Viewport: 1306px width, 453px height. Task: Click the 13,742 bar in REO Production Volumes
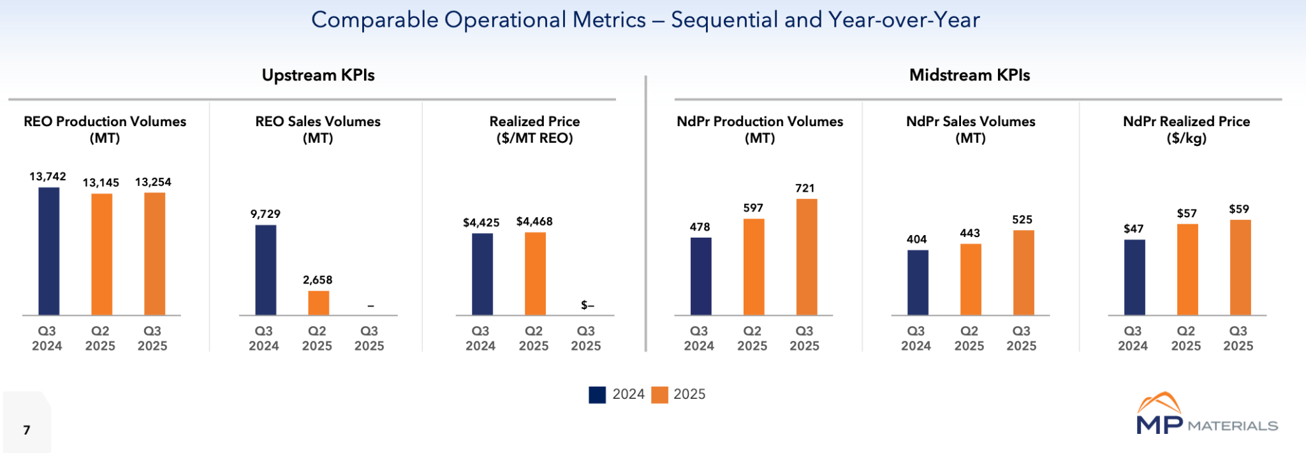(x=49, y=251)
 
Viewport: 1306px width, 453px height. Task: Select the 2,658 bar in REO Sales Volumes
(x=318, y=303)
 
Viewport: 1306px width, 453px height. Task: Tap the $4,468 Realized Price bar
(x=535, y=273)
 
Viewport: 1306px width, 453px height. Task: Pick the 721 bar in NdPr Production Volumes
(x=807, y=257)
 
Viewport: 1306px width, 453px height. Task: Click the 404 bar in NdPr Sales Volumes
(x=918, y=282)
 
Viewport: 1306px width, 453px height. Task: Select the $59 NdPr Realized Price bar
(x=1240, y=267)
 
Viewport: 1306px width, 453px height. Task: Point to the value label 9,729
(x=265, y=214)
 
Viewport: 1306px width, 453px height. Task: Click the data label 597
(x=753, y=208)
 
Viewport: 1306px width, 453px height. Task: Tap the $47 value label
(x=1133, y=229)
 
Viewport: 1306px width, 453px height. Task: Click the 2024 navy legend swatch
(x=597, y=395)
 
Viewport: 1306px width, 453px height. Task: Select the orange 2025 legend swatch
(x=659, y=395)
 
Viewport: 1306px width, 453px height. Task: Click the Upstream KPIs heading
(x=318, y=75)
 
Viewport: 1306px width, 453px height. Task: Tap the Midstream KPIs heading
(x=969, y=75)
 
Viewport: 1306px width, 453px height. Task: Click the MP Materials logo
(x=1207, y=415)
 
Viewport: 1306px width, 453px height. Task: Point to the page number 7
(x=27, y=430)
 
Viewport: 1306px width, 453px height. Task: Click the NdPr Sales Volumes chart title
(x=971, y=129)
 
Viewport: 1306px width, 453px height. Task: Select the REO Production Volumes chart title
(x=105, y=129)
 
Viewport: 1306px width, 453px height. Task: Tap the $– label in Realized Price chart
(x=587, y=306)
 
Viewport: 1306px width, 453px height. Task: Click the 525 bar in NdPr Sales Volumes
(x=1024, y=273)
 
